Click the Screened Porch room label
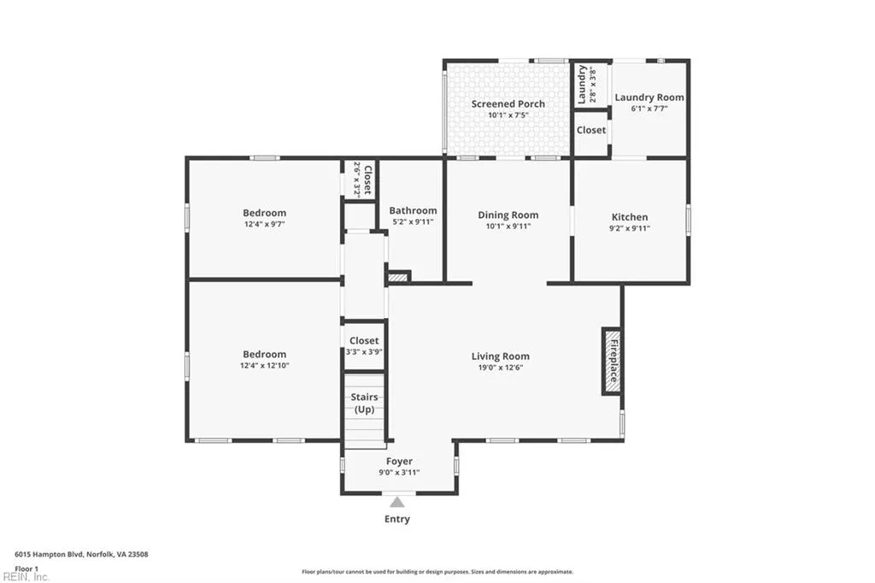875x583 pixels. point(508,103)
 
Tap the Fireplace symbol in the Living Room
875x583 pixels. point(612,360)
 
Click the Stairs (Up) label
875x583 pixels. point(365,403)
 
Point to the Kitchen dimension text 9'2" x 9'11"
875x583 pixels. point(629,228)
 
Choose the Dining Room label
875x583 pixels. point(508,215)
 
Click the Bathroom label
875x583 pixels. point(413,210)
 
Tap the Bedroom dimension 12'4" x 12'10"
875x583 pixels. point(264,366)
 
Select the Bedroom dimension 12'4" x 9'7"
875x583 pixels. point(264,225)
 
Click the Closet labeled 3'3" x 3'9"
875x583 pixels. point(364,345)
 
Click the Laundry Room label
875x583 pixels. point(649,97)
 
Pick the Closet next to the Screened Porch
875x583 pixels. point(590,130)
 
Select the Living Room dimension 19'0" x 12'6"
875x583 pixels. point(501,368)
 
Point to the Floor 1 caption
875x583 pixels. point(26,568)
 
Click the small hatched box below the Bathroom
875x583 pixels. point(398,277)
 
